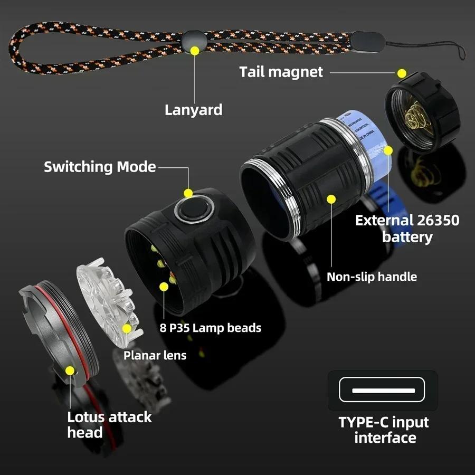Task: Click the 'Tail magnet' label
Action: [x=281, y=72]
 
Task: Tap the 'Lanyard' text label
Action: [x=193, y=110]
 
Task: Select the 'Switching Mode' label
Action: [x=100, y=167]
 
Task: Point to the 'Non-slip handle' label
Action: [x=372, y=277]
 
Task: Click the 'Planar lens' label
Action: [x=155, y=355]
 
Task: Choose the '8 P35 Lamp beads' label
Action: [x=210, y=328]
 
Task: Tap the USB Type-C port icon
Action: [x=383, y=391]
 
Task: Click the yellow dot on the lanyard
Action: [x=195, y=51]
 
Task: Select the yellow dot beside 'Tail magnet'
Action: [x=402, y=73]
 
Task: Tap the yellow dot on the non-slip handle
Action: [x=331, y=199]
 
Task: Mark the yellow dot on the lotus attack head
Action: [x=70, y=370]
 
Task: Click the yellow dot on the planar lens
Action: [x=127, y=328]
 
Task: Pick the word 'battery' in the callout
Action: [x=407, y=236]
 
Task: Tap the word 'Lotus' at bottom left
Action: [x=86, y=417]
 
